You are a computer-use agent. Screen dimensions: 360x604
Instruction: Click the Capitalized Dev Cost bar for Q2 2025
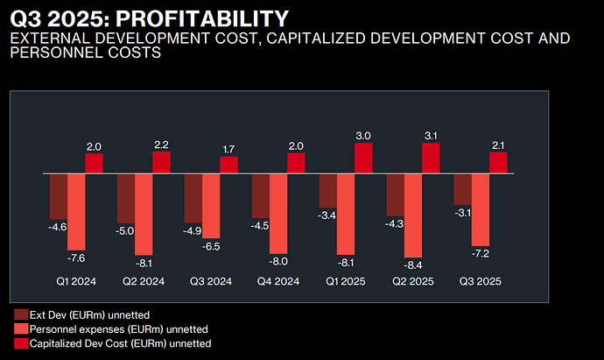point(432,159)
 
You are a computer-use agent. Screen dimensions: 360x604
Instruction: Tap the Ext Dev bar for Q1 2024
point(59,196)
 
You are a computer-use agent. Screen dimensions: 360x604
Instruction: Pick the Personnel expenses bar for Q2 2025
point(413,214)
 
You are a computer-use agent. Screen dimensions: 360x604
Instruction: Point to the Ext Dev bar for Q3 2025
point(462,189)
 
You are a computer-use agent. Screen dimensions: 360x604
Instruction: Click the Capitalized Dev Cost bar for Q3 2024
point(228,165)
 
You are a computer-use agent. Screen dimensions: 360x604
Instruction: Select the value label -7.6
point(76,258)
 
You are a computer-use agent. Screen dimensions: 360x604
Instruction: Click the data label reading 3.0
point(364,136)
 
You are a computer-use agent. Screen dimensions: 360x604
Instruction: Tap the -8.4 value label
point(413,264)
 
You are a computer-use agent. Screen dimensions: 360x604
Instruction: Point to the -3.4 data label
point(327,215)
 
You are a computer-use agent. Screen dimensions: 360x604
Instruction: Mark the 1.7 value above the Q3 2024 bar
point(228,149)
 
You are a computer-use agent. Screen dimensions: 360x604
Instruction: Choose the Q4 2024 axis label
point(277,282)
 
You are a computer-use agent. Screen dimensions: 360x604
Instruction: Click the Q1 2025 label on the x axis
point(345,282)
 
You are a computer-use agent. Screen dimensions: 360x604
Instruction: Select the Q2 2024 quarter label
point(143,282)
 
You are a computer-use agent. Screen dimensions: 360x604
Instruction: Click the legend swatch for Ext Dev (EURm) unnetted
point(20,314)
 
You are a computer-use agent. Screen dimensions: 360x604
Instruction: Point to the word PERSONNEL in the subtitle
point(53,53)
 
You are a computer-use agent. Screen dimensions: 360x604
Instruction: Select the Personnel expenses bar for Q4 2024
point(278,214)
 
